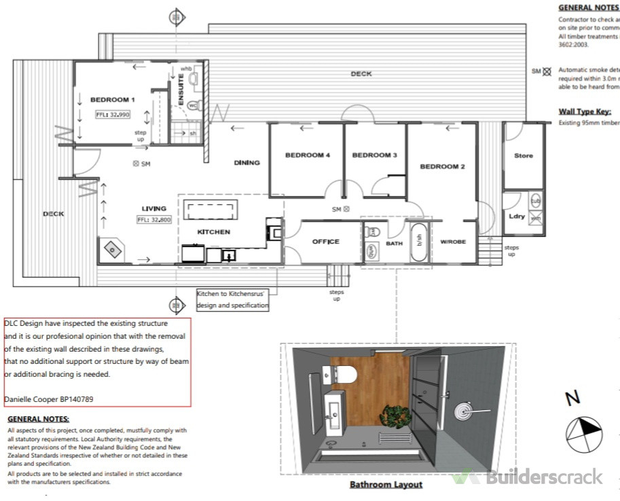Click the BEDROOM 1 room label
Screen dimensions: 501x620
click(113, 100)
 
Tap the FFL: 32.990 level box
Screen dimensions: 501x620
click(113, 115)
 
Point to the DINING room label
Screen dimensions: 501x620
click(247, 163)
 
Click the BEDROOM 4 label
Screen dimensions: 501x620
click(307, 155)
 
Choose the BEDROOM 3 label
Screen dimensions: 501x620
click(374, 155)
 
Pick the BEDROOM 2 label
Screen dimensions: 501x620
click(441, 167)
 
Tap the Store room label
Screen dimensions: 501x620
click(523, 156)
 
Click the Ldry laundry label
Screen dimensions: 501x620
click(516, 217)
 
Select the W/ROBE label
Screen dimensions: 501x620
click(453, 242)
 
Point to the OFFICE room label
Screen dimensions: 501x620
click(325, 242)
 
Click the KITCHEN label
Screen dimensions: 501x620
click(214, 232)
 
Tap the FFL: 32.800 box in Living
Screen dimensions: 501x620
click(154, 220)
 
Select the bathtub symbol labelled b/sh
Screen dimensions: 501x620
click(419, 242)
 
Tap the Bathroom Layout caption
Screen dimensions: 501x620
click(386, 485)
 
